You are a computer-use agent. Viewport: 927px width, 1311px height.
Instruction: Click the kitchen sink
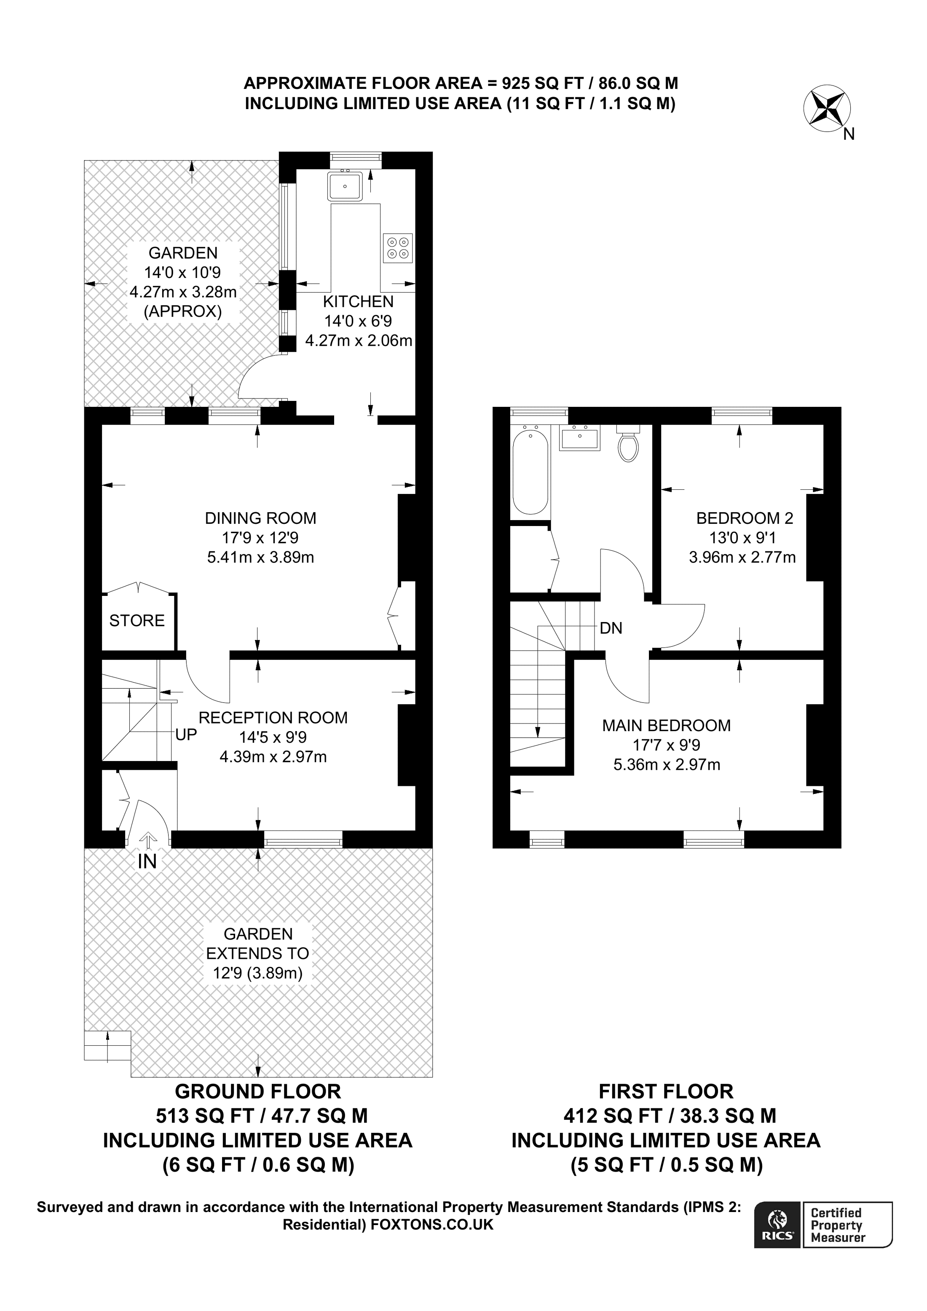[x=344, y=186]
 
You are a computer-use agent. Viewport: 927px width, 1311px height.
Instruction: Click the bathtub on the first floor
[x=530, y=472]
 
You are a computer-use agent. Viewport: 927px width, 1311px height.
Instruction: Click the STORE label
[x=137, y=621]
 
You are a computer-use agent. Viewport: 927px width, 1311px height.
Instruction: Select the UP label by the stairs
[x=186, y=735]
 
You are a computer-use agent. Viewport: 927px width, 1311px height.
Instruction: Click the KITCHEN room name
[x=358, y=302]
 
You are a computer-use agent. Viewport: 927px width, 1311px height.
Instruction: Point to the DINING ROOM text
[x=260, y=518]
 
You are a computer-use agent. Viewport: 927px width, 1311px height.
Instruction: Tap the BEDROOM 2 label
[x=744, y=518]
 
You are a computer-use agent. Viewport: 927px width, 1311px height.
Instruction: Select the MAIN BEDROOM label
[x=666, y=726]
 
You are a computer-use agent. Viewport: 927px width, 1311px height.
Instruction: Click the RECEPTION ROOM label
[x=273, y=718]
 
